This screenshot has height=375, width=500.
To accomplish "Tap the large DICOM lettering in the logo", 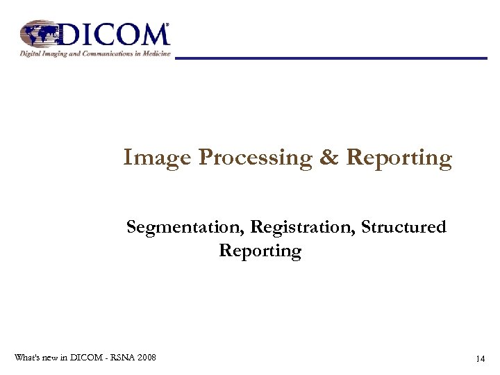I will (115, 34).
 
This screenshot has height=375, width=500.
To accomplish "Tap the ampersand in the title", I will (327, 158).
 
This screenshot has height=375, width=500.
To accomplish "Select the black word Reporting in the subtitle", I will (260, 251).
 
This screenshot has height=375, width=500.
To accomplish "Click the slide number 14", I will (480, 359).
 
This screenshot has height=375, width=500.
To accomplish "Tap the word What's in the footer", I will (27, 357).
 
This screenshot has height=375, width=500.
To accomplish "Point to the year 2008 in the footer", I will (147, 357).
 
